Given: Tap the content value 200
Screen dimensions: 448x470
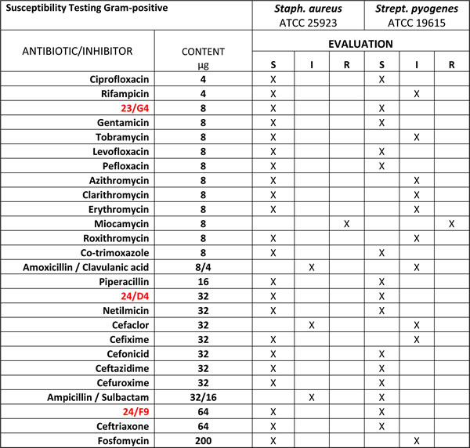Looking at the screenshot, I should [x=203, y=439].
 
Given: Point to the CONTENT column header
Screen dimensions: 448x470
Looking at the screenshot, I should [x=203, y=52].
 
